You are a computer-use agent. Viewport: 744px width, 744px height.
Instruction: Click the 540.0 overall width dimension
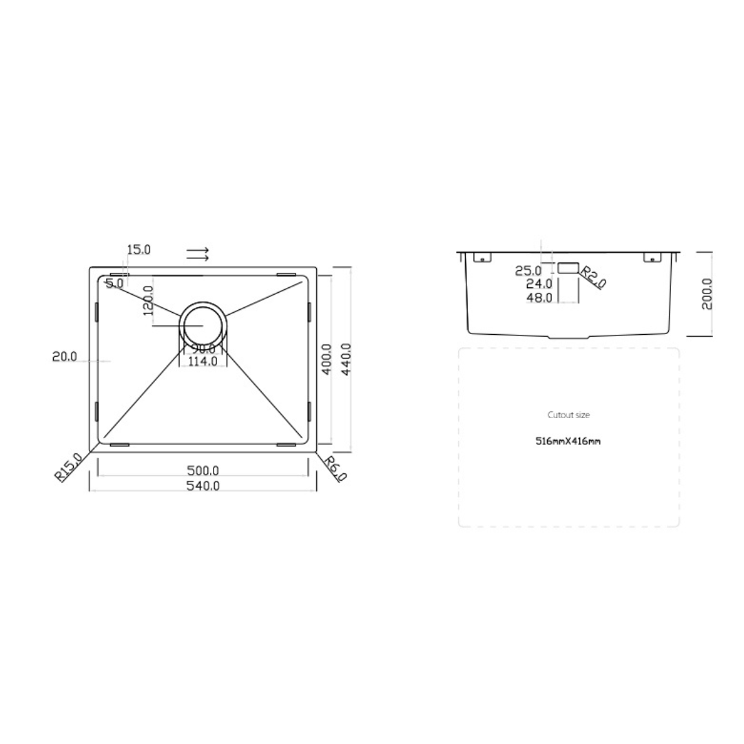coord(203,486)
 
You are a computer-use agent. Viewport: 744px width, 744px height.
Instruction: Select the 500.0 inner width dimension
coord(203,471)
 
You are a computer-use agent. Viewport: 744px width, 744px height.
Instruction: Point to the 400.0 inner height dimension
coord(327,359)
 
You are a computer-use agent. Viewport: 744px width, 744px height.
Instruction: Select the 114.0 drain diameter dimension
coord(203,360)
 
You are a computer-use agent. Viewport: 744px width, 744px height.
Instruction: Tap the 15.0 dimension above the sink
coord(138,249)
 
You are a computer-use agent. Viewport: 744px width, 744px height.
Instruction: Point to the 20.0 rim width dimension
coord(65,356)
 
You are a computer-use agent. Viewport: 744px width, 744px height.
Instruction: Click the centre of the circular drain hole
coord(203,324)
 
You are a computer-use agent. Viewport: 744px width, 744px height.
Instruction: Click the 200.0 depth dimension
coord(707,294)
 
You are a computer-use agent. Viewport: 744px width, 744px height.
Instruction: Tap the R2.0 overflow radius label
coord(593,277)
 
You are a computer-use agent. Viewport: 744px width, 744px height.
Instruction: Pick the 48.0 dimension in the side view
coord(539,298)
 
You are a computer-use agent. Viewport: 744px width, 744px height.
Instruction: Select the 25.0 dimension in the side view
coord(528,271)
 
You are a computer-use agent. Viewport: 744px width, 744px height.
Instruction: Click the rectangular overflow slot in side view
coord(568,268)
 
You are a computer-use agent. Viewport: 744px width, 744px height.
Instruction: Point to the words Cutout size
coord(568,415)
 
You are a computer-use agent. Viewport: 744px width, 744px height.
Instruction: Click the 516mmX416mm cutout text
coord(568,441)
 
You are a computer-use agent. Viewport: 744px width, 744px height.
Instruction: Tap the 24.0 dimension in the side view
coord(539,284)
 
